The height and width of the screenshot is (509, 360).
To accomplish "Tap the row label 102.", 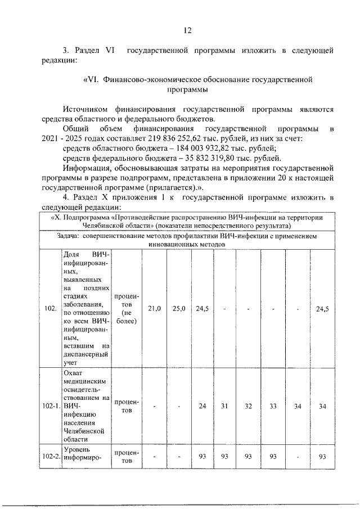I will coord(49,308).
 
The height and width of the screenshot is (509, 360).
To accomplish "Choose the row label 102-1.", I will coord(51,406).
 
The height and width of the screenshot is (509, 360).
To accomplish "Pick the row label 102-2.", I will coord(51,456).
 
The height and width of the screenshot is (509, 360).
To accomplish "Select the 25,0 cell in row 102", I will coord(179,308).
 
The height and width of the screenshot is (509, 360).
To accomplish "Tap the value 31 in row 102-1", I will coord(223,406).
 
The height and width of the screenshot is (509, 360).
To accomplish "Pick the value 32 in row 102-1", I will coord(247,406).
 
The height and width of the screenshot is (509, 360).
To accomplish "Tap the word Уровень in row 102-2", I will coord(78,449).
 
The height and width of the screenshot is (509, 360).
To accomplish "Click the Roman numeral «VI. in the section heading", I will coord(92,80).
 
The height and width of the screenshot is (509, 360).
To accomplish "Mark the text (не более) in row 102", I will coord(127,316).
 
